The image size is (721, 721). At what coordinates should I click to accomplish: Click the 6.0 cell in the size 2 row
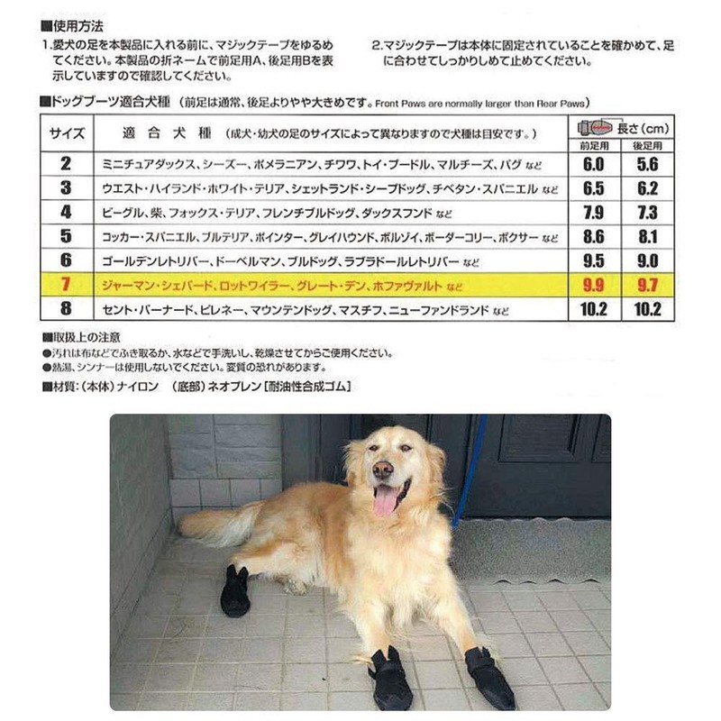(x=594, y=164)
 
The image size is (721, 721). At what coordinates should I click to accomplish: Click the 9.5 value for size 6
(x=594, y=262)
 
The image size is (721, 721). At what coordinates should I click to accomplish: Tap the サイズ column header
(x=67, y=133)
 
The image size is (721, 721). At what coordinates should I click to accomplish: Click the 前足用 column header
(x=595, y=145)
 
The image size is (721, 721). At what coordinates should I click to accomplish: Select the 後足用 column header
(x=647, y=145)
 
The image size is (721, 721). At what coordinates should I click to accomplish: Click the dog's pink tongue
(x=386, y=500)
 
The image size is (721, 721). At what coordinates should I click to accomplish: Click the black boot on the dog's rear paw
(x=236, y=593)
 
